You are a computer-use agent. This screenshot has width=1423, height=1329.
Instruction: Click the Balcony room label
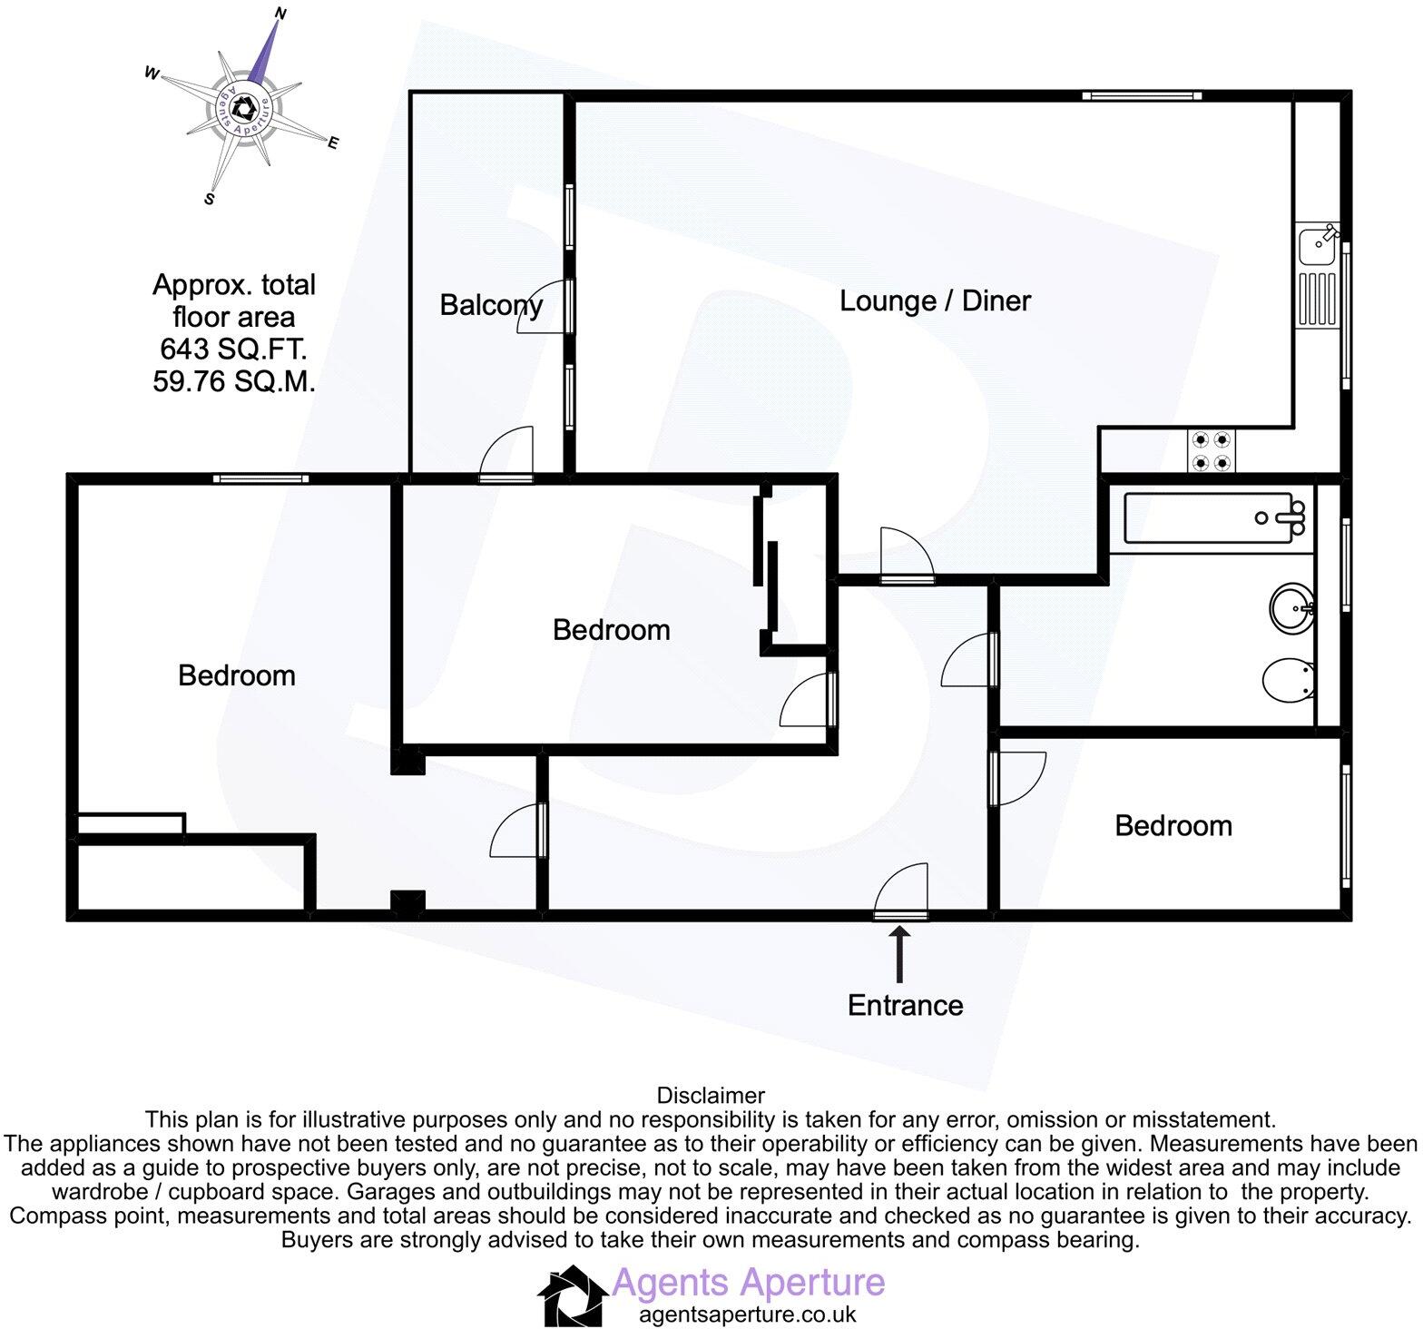pos(491,305)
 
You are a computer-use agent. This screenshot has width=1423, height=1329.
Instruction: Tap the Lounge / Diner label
pos(935,300)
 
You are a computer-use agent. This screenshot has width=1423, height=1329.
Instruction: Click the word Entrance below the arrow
pos(905,1005)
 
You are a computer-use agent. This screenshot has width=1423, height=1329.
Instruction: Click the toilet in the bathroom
pos(1289,681)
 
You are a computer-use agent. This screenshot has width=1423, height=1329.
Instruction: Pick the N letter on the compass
pos(280,14)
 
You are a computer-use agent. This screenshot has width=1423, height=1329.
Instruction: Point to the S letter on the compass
pos(210,199)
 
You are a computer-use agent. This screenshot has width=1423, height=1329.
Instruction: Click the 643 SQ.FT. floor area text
pos(233,349)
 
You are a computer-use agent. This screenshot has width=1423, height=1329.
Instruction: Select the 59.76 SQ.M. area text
pos(234,381)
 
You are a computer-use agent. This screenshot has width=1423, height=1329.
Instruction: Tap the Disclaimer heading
pos(711,1096)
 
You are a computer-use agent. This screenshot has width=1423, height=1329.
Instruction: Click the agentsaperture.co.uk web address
pos(747,1314)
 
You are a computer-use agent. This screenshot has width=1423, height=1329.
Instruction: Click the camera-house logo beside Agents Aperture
pos(573,1295)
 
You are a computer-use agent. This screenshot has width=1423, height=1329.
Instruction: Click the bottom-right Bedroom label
pos(1173,825)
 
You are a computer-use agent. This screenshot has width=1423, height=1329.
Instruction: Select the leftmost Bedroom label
pos(236,675)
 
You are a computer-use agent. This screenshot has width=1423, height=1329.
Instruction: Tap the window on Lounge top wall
pos(1141,95)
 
